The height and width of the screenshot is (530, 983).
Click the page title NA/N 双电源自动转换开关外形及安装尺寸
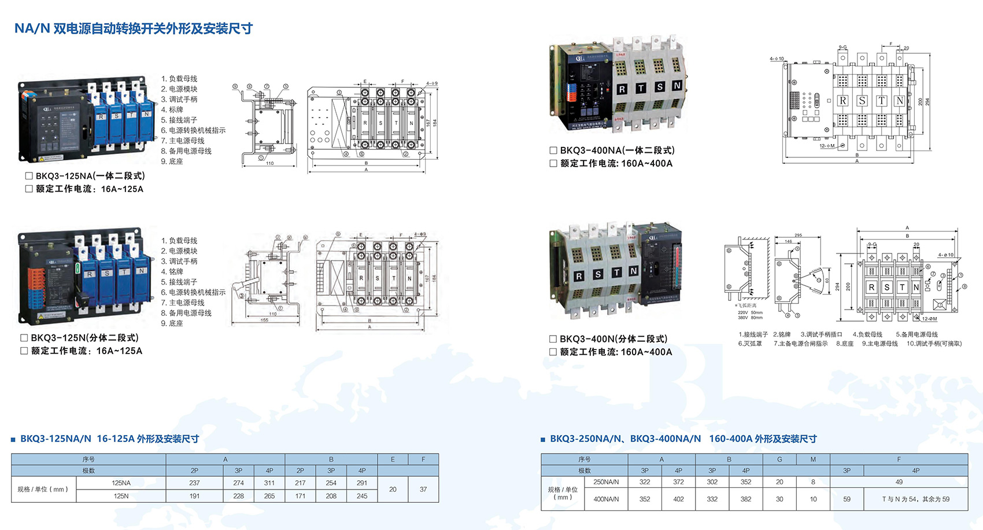[x=133, y=28]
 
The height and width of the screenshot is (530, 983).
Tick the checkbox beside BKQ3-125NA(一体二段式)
[x=29, y=176]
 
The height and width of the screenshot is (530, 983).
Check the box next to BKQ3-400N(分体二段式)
[x=553, y=339]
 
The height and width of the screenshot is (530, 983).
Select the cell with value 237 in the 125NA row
[x=194, y=483]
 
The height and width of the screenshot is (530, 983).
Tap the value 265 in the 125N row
[x=269, y=496]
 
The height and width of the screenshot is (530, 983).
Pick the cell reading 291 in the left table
[x=362, y=483]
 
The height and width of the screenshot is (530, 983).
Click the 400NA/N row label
[x=606, y=499]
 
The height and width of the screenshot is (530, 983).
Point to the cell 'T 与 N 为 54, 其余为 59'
[x=915, y=499]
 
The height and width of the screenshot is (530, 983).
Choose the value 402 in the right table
[x=678, y=499]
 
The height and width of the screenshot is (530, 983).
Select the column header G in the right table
[x=779, y=459]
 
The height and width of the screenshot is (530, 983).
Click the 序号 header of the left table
[x=88, y=459]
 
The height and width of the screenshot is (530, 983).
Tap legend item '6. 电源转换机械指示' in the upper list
[x=193, y=130]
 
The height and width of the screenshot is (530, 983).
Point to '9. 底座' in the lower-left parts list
[x=172, y=323]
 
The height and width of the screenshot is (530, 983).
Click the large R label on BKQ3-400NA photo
[x=622, y=89]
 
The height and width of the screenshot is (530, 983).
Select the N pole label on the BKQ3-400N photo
[x=633, y=271]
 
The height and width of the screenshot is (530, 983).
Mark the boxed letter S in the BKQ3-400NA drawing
[x=862, y=101]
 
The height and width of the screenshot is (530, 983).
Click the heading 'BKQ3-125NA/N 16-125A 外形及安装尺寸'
[x=109, y=439]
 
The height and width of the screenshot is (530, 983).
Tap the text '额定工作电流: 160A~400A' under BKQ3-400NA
[x=616, y=163]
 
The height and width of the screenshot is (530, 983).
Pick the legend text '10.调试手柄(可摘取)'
[x=934, y=344]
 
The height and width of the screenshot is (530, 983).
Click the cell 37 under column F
[x=423, y=489]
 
